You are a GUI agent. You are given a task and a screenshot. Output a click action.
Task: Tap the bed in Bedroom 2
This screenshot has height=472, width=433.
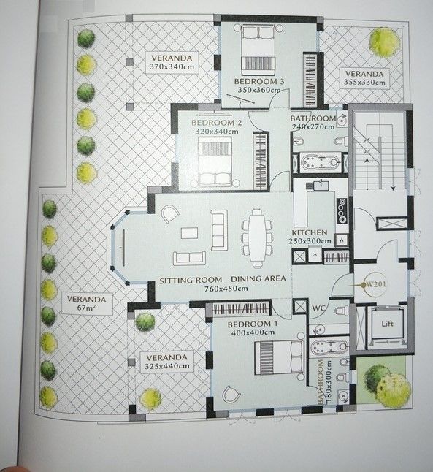coord(217,161)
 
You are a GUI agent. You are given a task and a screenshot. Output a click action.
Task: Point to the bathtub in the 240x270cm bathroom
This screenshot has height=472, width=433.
coord(320,161)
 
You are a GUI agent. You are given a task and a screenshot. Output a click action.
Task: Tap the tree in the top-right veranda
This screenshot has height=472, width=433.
coord(384,42)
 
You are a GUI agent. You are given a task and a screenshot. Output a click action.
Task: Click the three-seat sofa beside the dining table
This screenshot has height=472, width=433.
coord(219,229)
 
